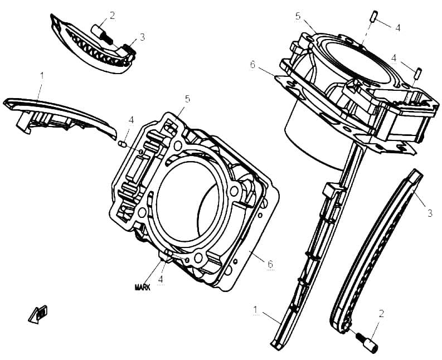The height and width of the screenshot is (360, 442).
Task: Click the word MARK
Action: coord(143,287)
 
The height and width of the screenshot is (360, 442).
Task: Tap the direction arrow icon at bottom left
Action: coord(38,314)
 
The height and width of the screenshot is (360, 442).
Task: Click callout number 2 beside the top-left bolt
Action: coord(113,16)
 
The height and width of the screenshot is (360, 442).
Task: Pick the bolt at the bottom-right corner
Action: coord(367,342)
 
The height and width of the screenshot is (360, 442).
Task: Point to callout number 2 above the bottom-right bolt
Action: coord(381,314)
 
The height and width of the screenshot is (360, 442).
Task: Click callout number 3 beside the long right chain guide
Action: coord(430,213)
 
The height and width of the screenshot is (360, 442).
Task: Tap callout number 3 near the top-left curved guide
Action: coord(142,37)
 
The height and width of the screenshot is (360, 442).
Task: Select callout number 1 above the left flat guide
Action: coord(42,76)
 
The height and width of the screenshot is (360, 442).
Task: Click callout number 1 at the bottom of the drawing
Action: coord(255,309)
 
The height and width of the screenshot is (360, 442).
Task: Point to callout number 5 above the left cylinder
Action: coord(187,99)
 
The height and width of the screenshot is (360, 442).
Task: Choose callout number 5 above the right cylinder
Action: coord(298,16)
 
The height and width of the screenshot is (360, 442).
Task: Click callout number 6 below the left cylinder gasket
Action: coord(270,264)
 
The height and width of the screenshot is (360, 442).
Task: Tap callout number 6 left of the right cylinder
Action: coord(252,65)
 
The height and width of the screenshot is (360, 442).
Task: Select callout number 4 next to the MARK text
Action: coord(161,279)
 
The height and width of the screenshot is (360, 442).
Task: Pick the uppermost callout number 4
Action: coord(398,28)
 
